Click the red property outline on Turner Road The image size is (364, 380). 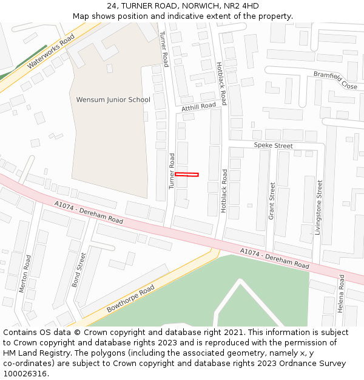(x=187, y=174)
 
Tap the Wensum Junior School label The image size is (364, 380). (x=113, y=100)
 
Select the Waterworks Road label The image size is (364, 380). (x=51, y=50)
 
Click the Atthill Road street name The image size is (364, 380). (x=198, y=106)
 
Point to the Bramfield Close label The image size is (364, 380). (x=335, y=80)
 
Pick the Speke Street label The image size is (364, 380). (x=273, y=146)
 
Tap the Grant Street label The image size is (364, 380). (x=271, y=201)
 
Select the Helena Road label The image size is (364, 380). (x=342, y=294)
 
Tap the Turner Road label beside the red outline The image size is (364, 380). (x=172, y=170)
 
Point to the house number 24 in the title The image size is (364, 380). (x=112, y=6)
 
